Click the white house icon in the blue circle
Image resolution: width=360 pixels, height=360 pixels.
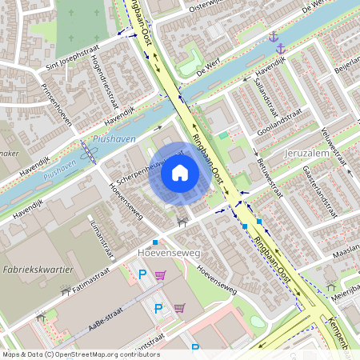pos(180,172)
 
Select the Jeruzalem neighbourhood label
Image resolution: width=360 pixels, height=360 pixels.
pos(307,152)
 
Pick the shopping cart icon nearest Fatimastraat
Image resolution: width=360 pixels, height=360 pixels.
pos(161,275)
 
